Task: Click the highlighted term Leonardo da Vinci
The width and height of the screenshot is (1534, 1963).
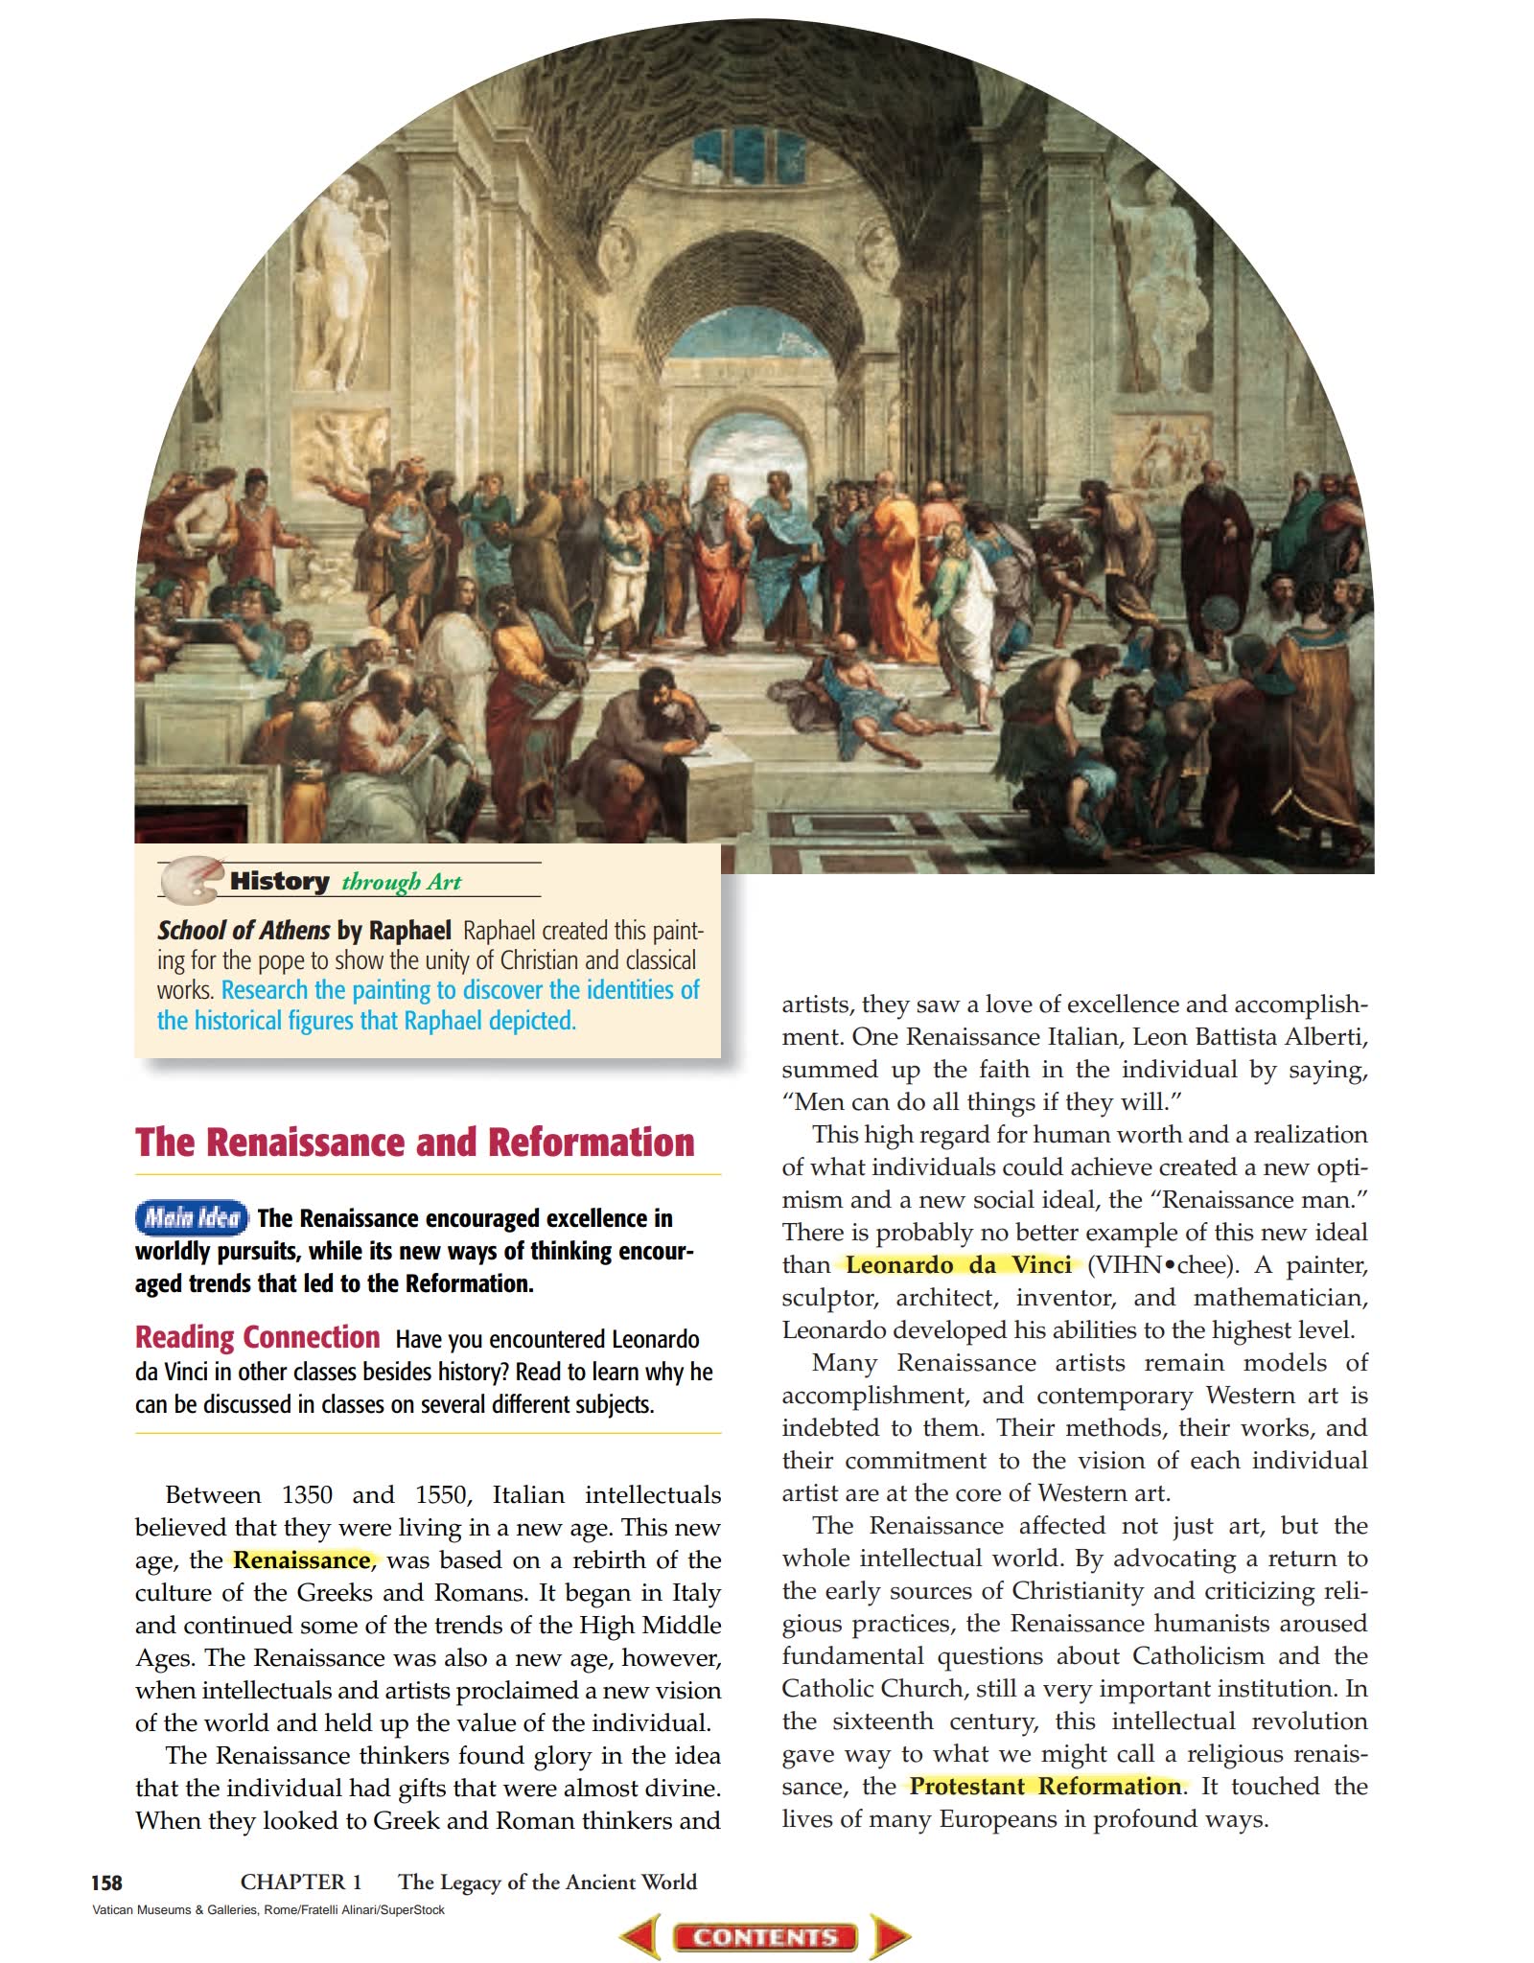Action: pyautogui.click(x=958, y=1265)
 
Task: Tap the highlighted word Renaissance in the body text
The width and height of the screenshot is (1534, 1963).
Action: pyautogui.click(x=301, y=1560)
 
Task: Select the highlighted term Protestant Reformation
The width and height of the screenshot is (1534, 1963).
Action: pyautogui.click(x=1045, y=1787)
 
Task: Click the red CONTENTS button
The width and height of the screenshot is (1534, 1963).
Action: pyautogui.click(x=765, y=1937)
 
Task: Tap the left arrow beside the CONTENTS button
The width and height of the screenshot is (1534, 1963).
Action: pyautogui.click(x=640, y=1937)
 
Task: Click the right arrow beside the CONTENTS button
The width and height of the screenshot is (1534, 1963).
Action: pyautogui.click(x=890, y=1937)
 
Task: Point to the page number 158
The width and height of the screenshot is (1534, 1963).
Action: pyautogui.click(x=106, y=1882)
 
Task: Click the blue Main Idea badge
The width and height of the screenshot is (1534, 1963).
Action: pyautogui.click(x=191, y=1218)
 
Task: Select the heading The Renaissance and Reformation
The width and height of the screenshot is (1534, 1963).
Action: pyautogui.click(x=414, y=1143)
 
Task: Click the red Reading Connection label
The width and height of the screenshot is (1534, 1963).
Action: pyautogui.click(x=257, y=1337)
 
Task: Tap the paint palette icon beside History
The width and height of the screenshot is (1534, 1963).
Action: pyautogui.click(x=191, y=879)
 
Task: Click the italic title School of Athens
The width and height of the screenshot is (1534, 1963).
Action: pyautogui.click(x=244, y=931)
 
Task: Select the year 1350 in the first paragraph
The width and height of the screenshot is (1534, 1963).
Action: pyautogui.click(x=307, y=1495)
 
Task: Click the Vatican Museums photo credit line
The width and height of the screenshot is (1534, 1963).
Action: pyautogui.click(x=268, y=1910)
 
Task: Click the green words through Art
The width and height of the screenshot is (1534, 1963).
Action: pyautogui.click(x=402, y=882)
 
